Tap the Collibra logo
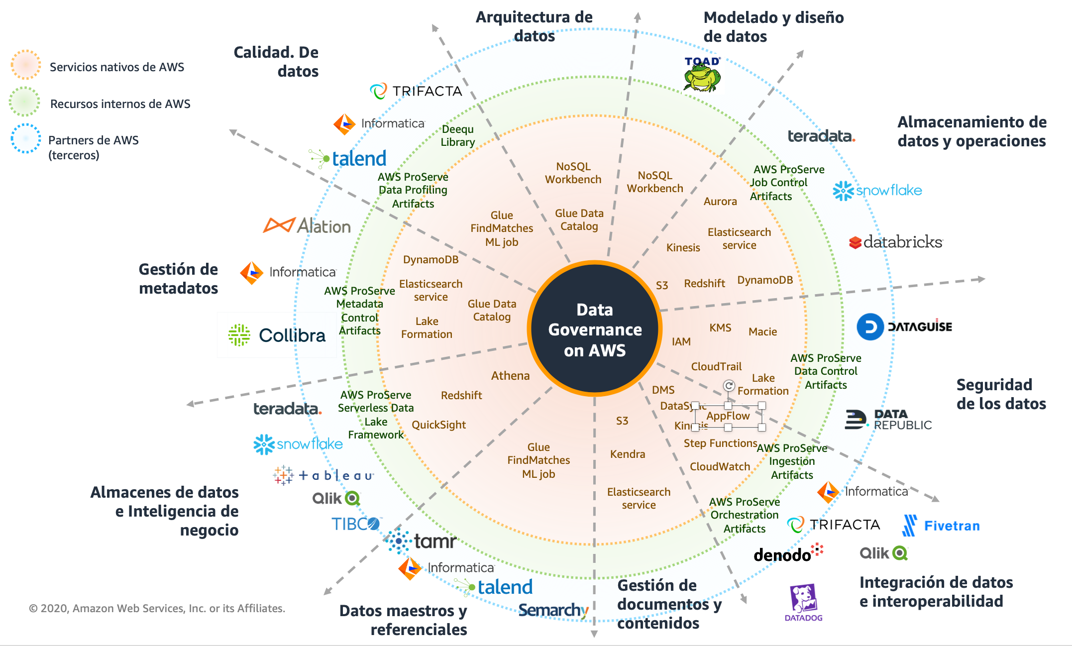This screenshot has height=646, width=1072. point(277,335)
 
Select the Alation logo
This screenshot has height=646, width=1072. point(307,226)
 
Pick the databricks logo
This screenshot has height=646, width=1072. point(896,242)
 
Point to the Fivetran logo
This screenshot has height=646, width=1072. point(941,526)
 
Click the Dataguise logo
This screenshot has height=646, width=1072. point(904,327)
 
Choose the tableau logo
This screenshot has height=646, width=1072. point(323,475)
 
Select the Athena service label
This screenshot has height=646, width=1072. point(510,376)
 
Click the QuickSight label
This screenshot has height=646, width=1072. point(438,425)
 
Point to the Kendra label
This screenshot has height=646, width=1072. point(628,454)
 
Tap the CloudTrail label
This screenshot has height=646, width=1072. point(716,366)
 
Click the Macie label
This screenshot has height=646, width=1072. point(762,331)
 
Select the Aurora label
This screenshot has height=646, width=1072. point(720,201)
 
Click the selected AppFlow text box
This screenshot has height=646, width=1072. point(728,416)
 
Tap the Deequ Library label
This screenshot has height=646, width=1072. point(458,135)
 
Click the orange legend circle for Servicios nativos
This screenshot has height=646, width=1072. point(25,65)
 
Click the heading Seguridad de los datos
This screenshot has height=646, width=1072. point(1001,394)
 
